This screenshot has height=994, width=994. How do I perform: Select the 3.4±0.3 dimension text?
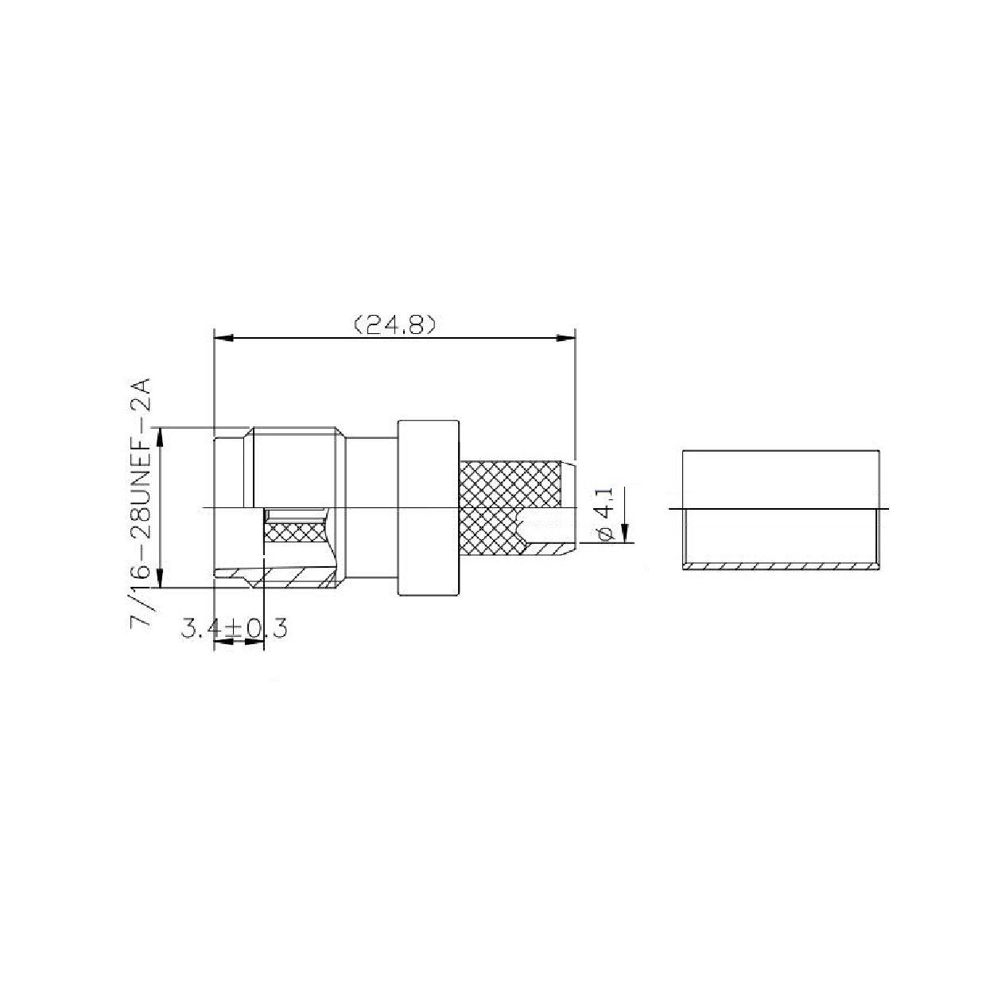(234, 628)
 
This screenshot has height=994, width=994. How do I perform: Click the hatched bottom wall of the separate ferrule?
(781, 567)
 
